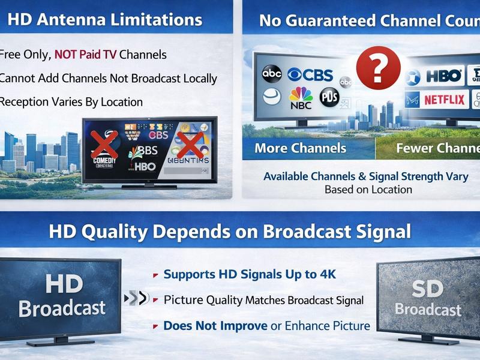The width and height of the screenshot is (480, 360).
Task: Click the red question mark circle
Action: pos(378,68)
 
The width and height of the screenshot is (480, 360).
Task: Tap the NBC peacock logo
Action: pos(300,98)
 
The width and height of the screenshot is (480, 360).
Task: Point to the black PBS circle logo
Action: pos(329,97)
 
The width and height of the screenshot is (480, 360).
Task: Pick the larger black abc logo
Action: pos(272,73)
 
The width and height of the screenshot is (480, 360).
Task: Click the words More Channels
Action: pos(300,148)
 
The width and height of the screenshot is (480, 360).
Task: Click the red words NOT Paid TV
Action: pos(85,55)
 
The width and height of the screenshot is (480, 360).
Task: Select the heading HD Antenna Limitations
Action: pos(105,19)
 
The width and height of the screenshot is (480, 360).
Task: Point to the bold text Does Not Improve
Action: pos(215,326)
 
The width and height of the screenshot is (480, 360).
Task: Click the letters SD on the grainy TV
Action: pos(428,290)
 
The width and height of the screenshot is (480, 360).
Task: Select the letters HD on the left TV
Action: pos(63,284)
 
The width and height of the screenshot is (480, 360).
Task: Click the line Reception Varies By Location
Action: pos(71,101)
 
